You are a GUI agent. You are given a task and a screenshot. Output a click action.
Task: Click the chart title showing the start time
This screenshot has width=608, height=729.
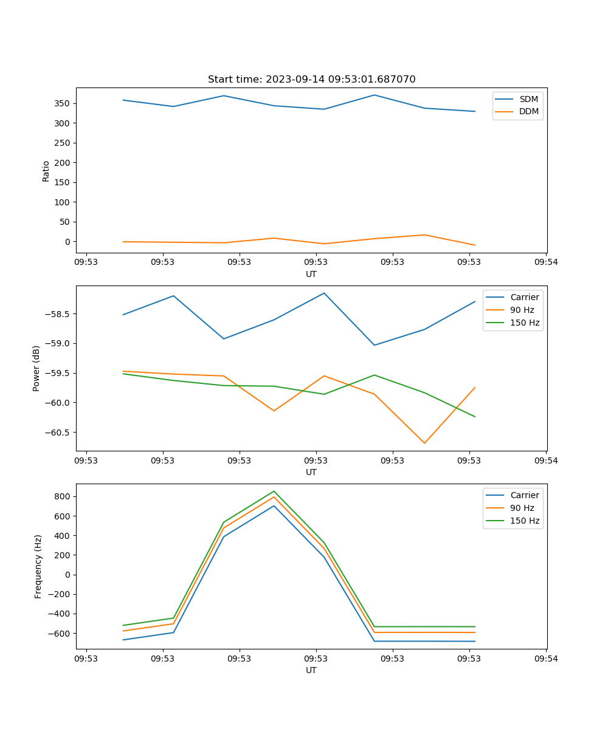[x=311, y=80]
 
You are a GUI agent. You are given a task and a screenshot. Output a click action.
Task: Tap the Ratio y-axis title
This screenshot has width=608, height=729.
[x=46, y=170]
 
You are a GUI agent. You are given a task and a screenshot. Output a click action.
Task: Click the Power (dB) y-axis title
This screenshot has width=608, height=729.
[x=36, y=368]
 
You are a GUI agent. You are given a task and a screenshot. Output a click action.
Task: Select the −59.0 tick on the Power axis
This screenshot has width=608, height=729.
[x=58, y=344]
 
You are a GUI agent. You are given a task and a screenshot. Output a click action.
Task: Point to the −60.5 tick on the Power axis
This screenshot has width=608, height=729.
[x=58, y=433]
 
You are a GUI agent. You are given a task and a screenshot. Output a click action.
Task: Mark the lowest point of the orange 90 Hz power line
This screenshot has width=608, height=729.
[x=424, y=443]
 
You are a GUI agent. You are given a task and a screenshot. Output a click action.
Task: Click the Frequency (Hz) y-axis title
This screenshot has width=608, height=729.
[x=38, y=566]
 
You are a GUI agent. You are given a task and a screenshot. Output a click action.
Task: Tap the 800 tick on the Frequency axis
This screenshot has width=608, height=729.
[x=63, y=497]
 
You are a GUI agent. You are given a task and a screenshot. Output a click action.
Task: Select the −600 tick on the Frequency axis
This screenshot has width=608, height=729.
[x=61, y=634]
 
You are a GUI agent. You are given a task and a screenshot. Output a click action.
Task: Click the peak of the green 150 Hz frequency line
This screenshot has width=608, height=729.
[x=274, y=491]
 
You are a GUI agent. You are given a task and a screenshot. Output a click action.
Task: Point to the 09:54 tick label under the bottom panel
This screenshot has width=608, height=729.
[x=545, y=659]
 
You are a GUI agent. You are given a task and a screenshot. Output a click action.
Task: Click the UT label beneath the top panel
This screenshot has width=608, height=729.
[x=311, y=274]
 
